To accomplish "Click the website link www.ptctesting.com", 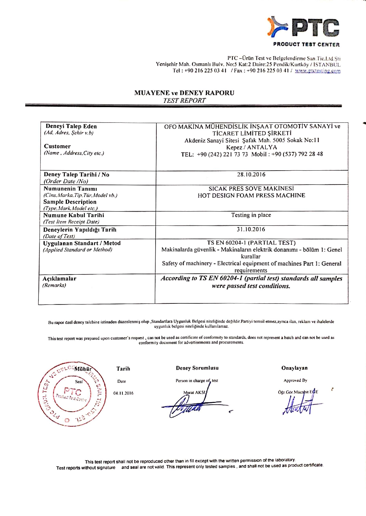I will [317, 71].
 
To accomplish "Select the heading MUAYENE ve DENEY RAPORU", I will [184, 93].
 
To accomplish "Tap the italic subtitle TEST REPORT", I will [184, 101].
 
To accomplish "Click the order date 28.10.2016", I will [251, 174].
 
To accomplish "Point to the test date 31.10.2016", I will [251, 229].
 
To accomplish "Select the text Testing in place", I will [251, 215].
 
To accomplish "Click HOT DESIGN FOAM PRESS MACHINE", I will [251, 195].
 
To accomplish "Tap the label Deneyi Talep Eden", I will [71, 126].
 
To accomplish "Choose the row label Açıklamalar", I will [60, 278].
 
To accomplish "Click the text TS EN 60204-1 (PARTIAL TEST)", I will [251, 243].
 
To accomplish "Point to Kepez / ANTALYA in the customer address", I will [251, 147].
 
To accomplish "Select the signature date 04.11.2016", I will [123, 393].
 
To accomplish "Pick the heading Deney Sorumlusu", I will [197, 368].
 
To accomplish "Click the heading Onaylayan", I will [294, 368].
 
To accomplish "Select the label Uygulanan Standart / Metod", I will [82, 243].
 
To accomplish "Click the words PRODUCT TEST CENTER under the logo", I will [306, 44].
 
